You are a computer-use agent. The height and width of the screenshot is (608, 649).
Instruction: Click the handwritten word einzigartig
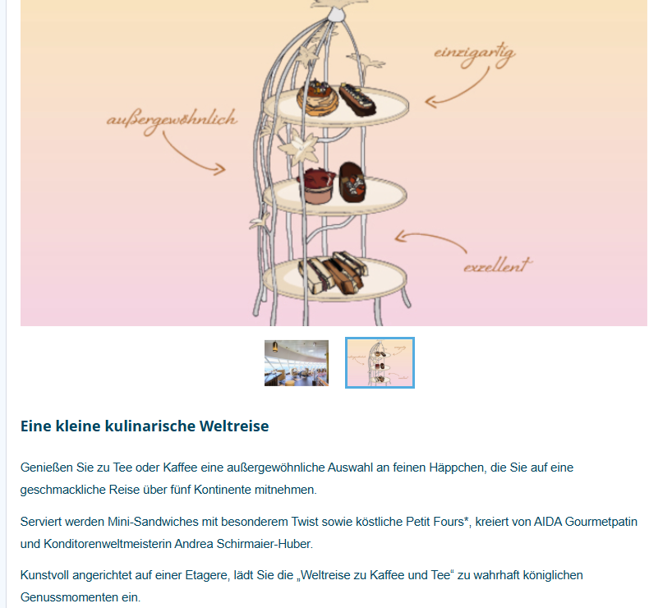pyautogui.click(x=475, y=55)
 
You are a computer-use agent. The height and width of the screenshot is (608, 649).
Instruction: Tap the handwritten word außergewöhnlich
pyautogui.click(x=172, y=121)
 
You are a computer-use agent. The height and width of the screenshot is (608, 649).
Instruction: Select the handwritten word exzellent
pyautogui.click(x=498, y=265)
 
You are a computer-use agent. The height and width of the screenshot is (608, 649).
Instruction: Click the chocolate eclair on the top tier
pyautogui.click(x=357, y=99)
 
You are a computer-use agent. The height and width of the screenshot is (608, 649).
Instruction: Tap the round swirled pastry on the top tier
pyautogui.click(x=317, y=98)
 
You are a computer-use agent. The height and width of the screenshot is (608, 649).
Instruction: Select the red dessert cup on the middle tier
pyautogui.click(x=317, y=186)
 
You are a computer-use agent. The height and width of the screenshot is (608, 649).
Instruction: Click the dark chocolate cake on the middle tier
pyautogui.click(x=352, y=182)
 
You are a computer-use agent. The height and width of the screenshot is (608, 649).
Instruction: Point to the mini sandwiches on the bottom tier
pyautogui.click(x=334, y=273)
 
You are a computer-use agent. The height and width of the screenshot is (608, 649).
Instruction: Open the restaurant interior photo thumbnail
pyautogui.click(x=297, y=363)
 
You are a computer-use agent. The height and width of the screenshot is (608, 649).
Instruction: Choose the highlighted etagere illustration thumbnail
pyautogui.click(x=380, y=363)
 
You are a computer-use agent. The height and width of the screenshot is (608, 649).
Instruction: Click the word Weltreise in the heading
pyautogui.click(x=234, y=426)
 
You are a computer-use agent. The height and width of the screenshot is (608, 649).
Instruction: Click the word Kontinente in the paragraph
pyautogui.click(x=223, y=490)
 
